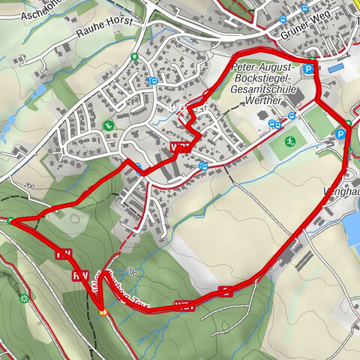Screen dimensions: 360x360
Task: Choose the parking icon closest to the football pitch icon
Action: pos(340,133)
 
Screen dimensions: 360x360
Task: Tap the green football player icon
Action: pos(290,141)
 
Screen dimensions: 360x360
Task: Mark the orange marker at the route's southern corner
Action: pos(103,312)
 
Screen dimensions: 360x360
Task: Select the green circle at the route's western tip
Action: pos(11,220)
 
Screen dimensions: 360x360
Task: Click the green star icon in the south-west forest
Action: pos(24,298)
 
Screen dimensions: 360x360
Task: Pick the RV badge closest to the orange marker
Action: pos(80,276)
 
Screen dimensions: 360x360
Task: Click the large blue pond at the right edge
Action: pos(352,229)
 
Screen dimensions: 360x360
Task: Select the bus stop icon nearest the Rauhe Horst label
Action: pos(153,81)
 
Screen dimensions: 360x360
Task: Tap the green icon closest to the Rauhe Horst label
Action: pos(133,56)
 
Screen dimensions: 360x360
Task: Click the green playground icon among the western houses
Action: pos(109,125)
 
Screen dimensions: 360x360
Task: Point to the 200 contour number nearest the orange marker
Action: pos(132,270)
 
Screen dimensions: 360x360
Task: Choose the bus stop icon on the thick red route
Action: pos(138,169)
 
